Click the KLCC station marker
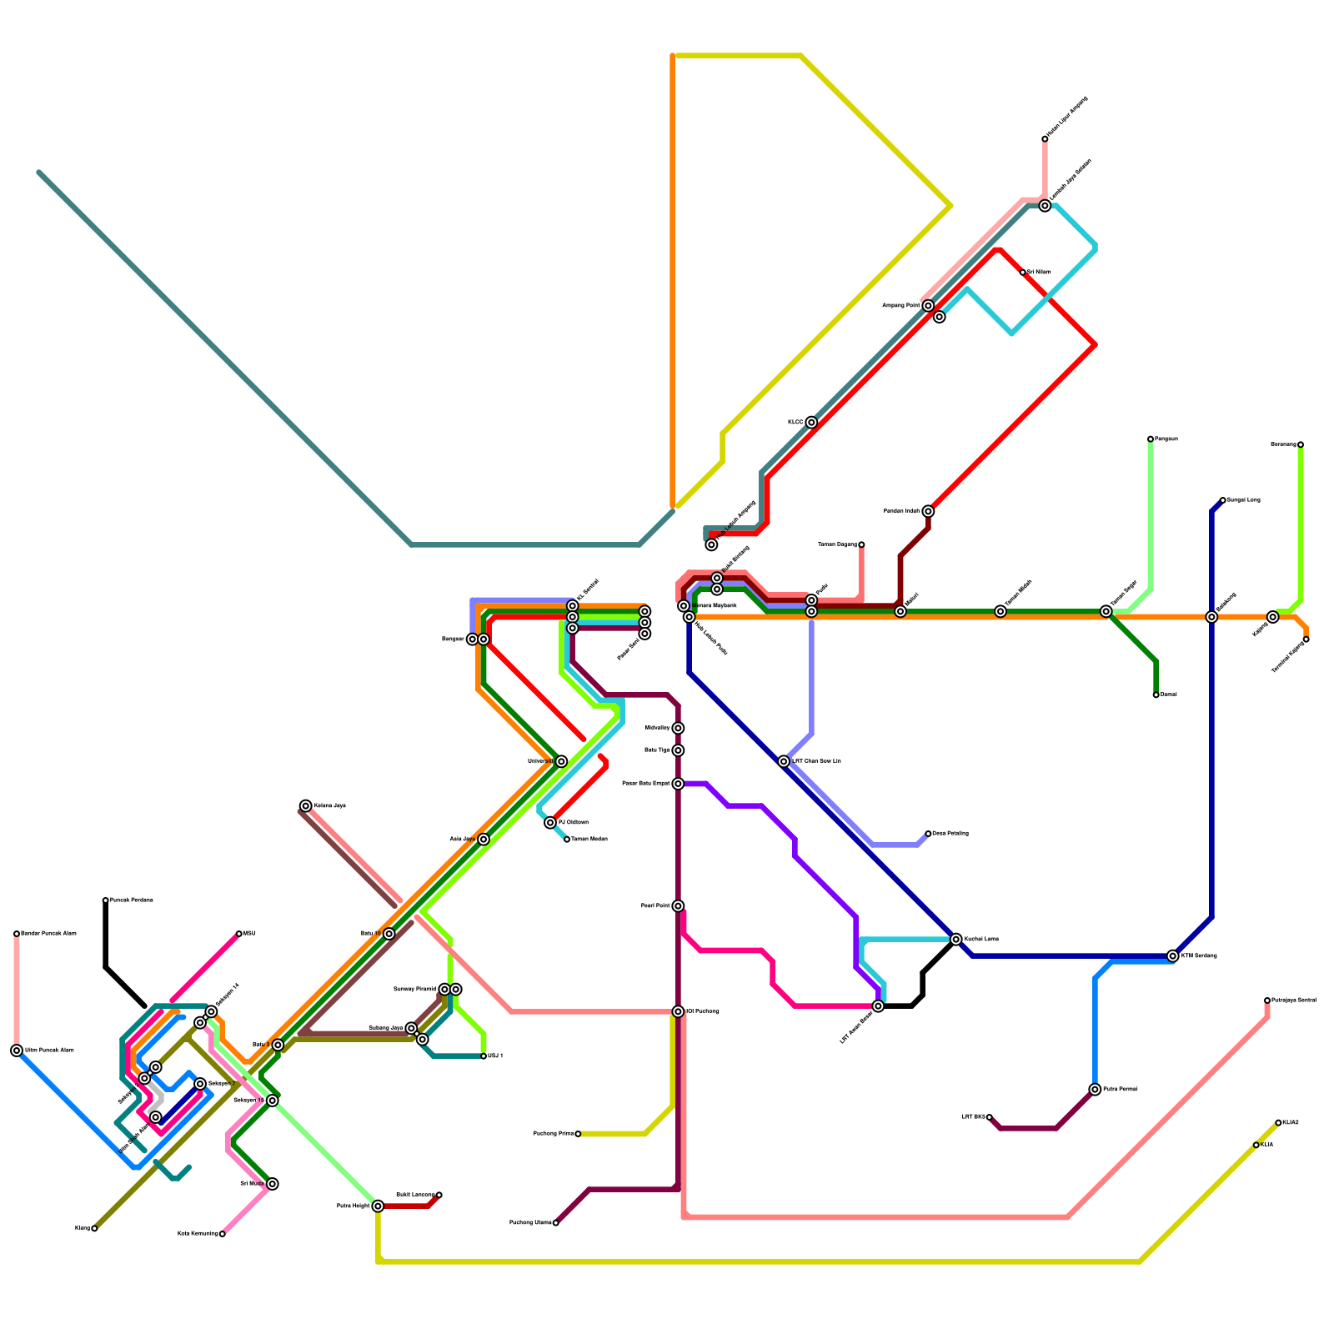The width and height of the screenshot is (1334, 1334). [x=811, y=423]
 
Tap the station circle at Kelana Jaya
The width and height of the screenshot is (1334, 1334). [x=306, y=805]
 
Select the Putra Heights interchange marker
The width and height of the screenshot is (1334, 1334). [x=378, y=1206]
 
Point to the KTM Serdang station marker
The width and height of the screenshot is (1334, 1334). [x=1173, y=956]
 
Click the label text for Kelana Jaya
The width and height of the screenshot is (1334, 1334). [x=330, y=806]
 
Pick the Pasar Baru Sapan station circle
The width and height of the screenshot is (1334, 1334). [x=678, y=784]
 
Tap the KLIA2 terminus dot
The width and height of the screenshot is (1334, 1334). [x=1278, y=1123]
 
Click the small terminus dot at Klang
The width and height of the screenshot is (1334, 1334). [x=94, y=1228]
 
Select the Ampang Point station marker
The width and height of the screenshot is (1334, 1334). [x=928, y=306]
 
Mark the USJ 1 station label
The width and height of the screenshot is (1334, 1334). [x=495, y=1056]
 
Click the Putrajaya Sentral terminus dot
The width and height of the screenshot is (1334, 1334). [x=1267, y=1000]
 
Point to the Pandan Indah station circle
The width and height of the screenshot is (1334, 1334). [x=928, y=511]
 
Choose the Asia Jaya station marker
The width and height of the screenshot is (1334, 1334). [x=484, y=840]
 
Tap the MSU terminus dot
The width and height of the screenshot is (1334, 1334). [x=239, y=934]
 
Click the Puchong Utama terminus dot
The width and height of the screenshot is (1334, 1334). [x=556, y=1223]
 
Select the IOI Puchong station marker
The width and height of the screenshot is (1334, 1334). [x=678, y=1011]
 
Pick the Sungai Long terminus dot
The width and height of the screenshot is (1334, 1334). [x=1223, y=500]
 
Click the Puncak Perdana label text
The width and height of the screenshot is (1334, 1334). [x=132, y=900]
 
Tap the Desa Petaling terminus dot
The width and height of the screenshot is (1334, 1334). [x=928, y=834]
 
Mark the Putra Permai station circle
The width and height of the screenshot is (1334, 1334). [x=1095, y=1090]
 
